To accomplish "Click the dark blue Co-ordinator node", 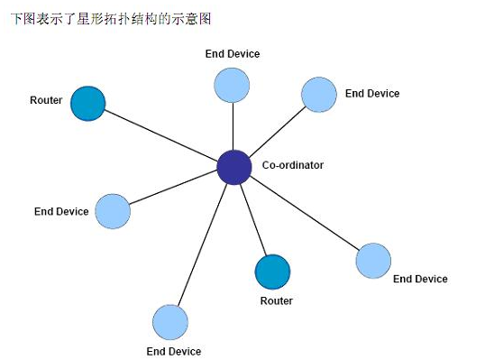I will click(234, 167).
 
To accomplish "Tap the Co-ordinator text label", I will click(292, 165).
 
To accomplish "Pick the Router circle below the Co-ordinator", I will click(273, 272).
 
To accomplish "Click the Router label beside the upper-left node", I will click(46, 100).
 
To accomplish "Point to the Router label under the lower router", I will click(276, 300).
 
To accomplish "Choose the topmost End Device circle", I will click(232, 84).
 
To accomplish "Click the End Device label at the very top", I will click(232, 54).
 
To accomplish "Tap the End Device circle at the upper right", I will click(318, 94).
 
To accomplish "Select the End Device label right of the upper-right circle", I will click(371, 93).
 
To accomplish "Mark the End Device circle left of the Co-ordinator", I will click(113, 210).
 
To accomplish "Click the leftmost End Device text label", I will click(61, 211).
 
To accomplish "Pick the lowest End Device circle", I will click(170, 322).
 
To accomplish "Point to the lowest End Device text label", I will click(173, 350).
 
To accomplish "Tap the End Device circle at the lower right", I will click(373, 260).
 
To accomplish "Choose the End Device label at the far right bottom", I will click(420, 279).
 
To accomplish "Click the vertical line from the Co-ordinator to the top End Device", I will click(233, 126).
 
